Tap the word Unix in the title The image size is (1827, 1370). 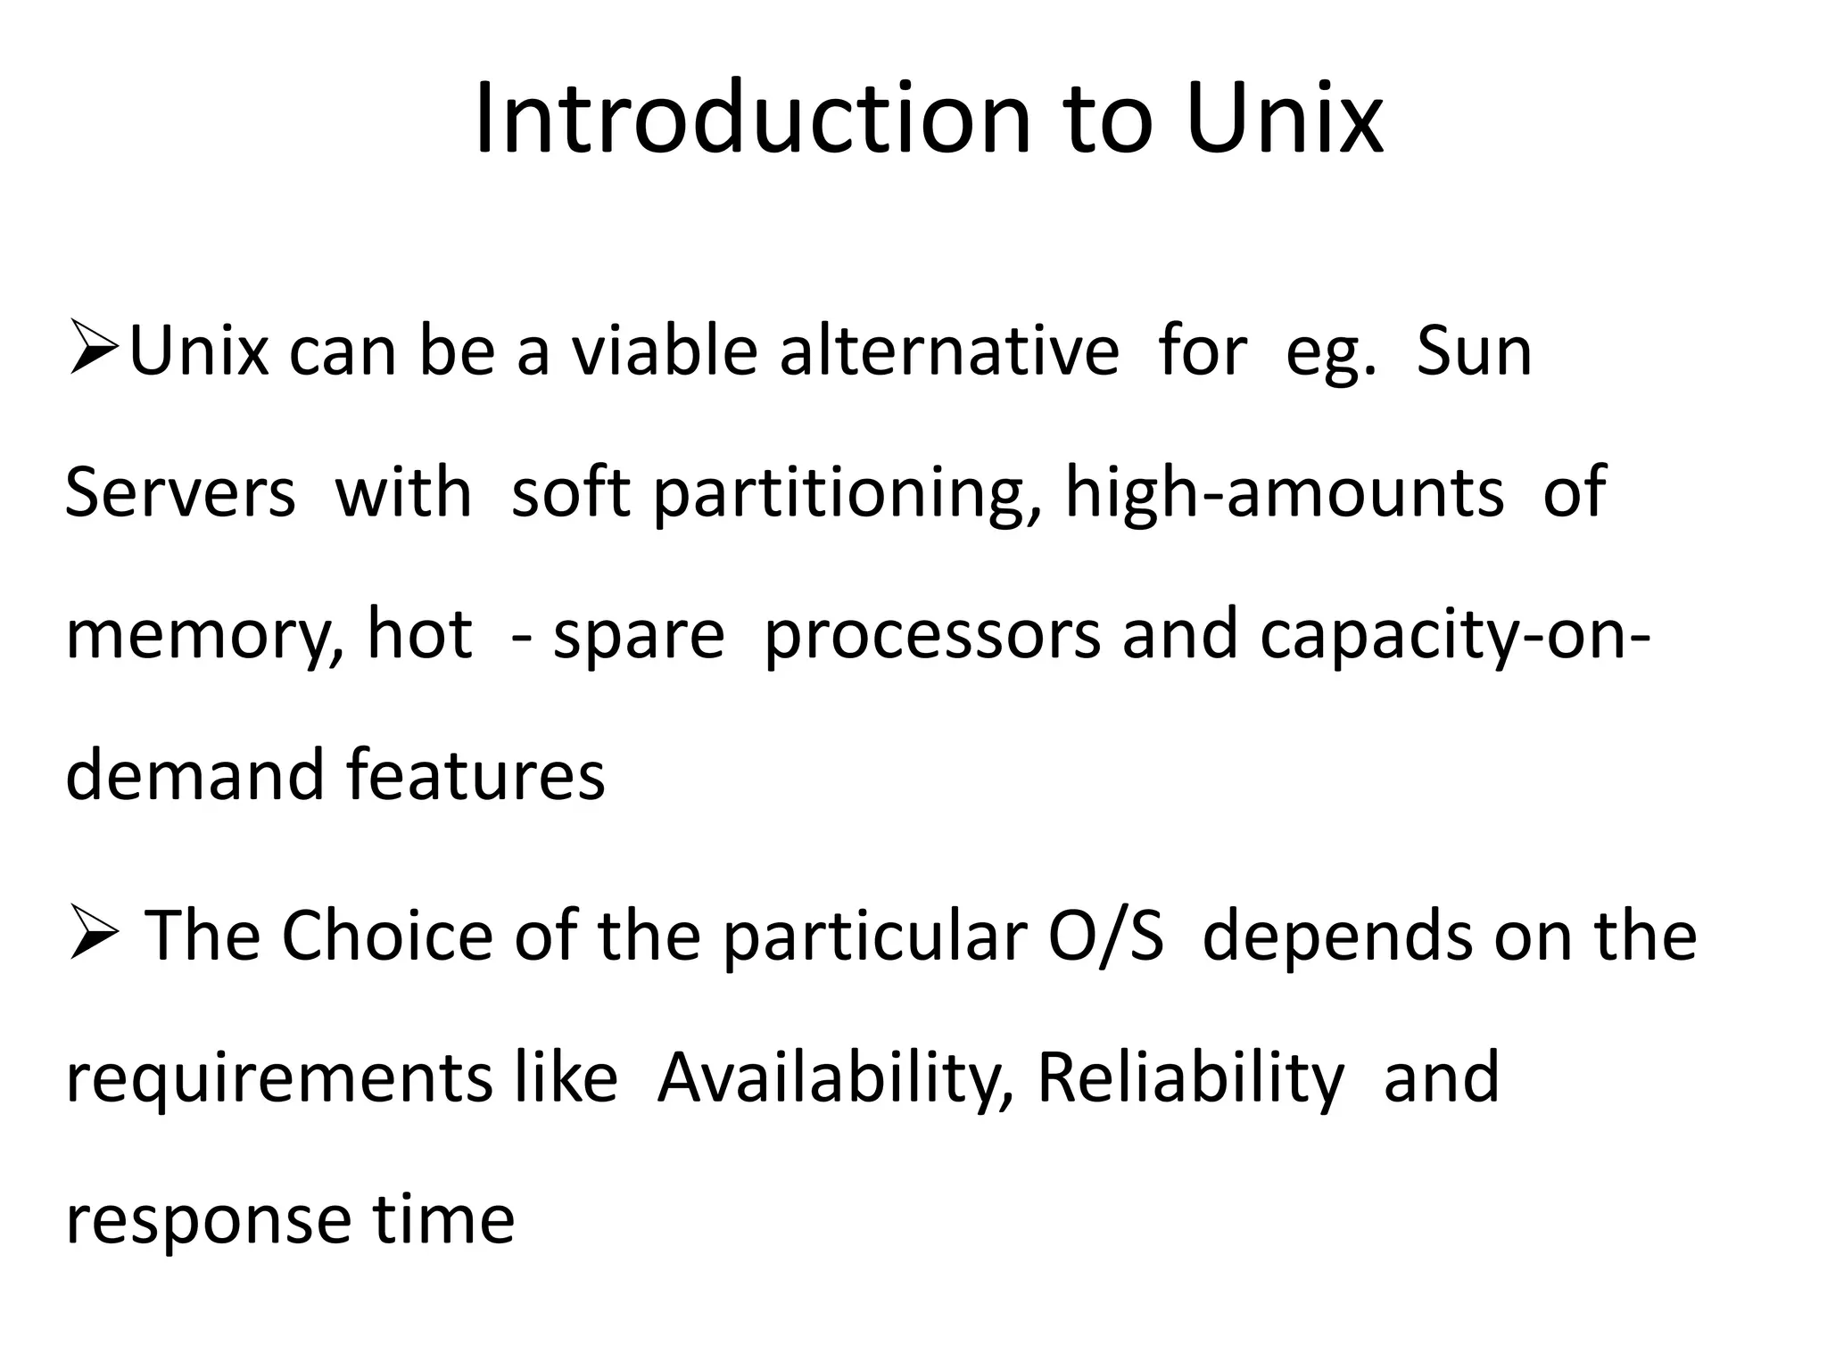[1285, 120]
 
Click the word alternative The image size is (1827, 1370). [949, 352]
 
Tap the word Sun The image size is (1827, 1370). [1474, 352]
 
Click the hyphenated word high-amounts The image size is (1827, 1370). [1284, 493]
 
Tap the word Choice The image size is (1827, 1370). [387, 937]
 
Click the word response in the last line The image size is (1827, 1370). [208, 1220]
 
